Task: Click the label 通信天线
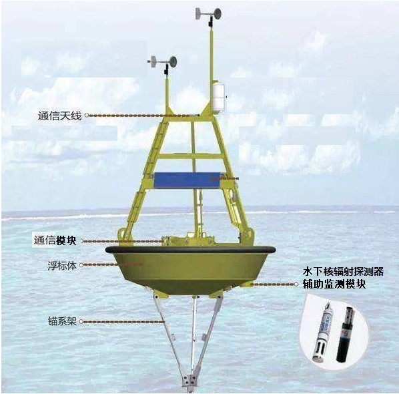click(60, 116)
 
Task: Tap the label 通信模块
click(55, 240)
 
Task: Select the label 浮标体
click(62, 266)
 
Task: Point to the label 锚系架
click(62, 321)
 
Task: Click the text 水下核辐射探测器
click(343, 272)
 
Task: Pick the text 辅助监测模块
click(334, 284)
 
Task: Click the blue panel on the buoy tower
click(187, 180)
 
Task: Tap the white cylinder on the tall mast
click(218, 97)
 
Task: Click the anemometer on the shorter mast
click(162, 63)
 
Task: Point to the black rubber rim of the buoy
click(190, 249)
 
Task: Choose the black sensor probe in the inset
click(344, 334)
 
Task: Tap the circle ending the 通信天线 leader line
click(87, 116)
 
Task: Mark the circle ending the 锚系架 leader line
click(81, 321)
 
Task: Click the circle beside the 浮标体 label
click(81, 265)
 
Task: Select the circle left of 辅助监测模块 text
click(296, 284)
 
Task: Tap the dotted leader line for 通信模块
click(123, 241)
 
